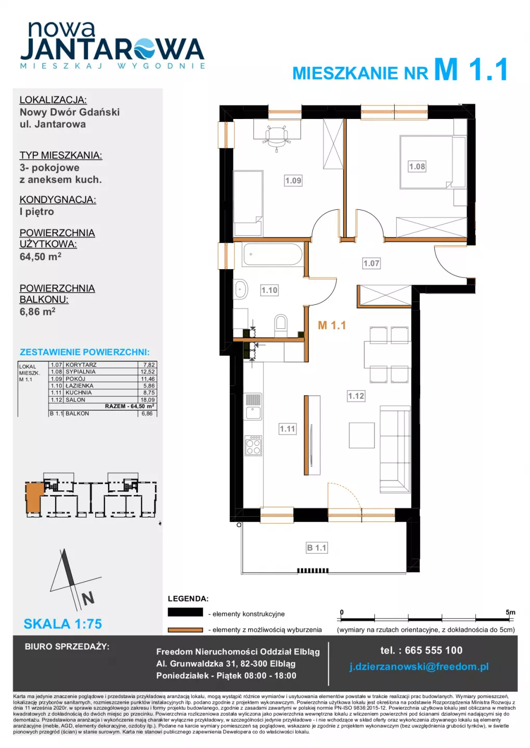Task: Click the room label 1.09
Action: point(293,181)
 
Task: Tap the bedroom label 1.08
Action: point(417,166)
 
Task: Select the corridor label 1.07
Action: point(371,263)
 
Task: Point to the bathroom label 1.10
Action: point(269,290)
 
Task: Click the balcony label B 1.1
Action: point(317,547)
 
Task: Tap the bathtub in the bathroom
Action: point(273,255)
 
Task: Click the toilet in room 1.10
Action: point(280,325)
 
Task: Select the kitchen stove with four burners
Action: point(253,446)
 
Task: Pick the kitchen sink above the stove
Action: point(253,406)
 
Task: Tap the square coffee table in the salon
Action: point(361,435)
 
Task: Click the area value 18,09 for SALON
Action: point(148,399)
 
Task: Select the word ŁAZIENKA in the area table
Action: point(79,385)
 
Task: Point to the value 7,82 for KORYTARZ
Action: point(149,365)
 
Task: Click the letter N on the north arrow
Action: point(88,598)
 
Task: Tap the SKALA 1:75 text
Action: point(63,624)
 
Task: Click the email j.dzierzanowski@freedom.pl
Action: point(419,666)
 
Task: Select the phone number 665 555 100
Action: point(433,650)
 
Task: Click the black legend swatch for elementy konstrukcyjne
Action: point(185,612)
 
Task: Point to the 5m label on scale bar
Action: point(510,612)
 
